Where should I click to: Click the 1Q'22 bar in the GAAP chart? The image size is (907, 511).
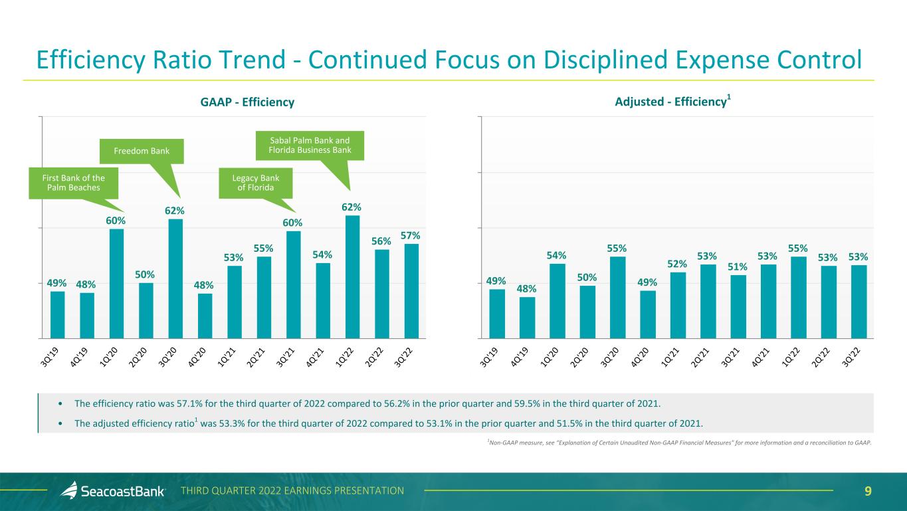point(352,276)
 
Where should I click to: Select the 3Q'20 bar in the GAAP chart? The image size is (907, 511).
point(175,278)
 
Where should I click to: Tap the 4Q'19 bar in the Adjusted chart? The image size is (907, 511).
point(527,317)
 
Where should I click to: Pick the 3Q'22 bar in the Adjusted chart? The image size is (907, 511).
point(859,301)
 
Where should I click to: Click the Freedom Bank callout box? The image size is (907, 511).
point(142,152)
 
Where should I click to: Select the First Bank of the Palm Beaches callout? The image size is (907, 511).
point(74,182)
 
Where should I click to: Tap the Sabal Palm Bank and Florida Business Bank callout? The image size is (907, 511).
point(310,144)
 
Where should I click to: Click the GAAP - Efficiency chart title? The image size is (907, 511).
point(247,102)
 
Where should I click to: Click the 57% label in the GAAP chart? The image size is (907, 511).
point(411,236)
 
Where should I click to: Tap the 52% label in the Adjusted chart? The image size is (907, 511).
point(678,264)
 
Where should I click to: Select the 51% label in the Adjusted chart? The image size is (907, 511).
point(738,267)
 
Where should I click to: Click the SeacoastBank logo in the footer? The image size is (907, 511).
point(113,491)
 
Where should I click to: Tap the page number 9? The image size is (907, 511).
point(868,491)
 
